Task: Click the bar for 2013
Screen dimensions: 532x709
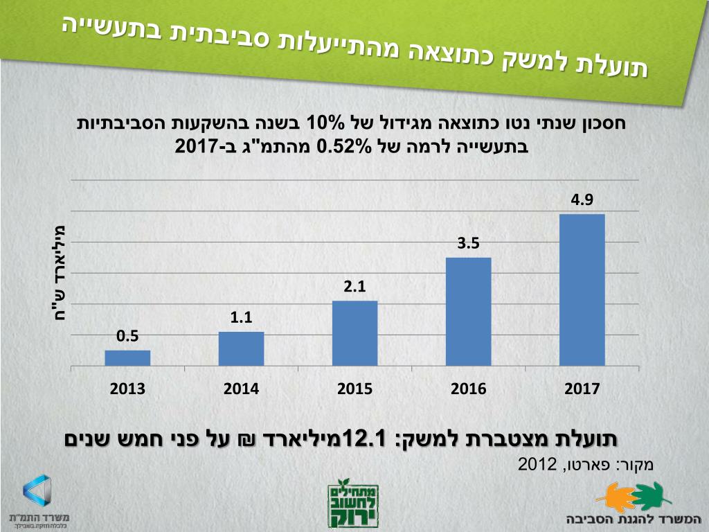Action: (x=127, y=357)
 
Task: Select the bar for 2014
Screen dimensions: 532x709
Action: (x=241, y=348)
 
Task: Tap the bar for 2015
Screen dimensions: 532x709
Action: (x=354, y=333)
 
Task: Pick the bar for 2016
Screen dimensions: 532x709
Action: (x=468, y=311)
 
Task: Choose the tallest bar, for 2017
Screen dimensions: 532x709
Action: (x=582, y=290)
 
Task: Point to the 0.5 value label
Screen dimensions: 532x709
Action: (x=127, y=337)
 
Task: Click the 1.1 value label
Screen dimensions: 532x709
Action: (x=241, y=318)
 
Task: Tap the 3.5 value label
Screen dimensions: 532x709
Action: (x=468, y=243)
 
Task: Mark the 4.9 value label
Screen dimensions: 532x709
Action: (x=582, y=200)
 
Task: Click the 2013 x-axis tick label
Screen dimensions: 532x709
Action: (x=127, y=389)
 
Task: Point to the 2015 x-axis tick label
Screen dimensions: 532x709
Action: (x=354, y=389)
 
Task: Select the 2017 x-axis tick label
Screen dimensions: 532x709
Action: (x=582, y=389)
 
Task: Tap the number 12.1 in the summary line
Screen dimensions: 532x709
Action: (x=369, y=439)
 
